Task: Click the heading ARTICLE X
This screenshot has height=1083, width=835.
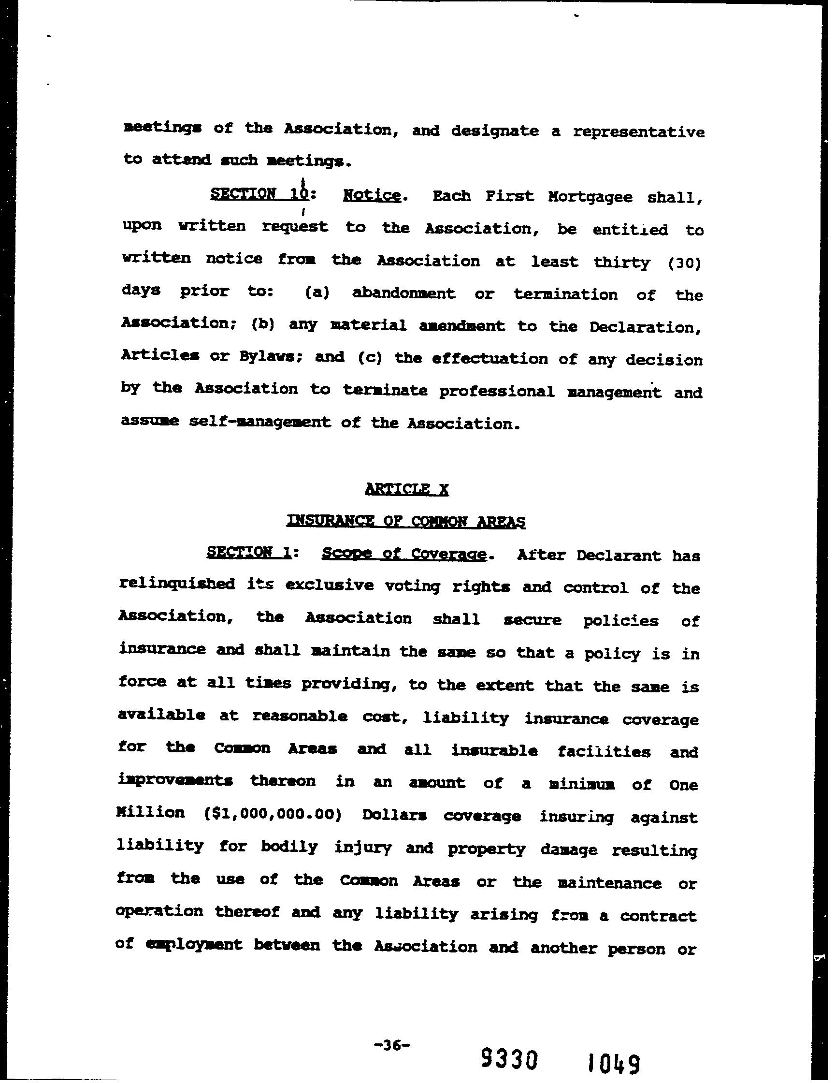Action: tap(406, 489)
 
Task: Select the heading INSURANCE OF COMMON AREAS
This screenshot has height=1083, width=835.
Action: tap(406, 521)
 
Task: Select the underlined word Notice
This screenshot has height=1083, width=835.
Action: tap(372, 196)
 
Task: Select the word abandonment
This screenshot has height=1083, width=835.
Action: tap(403, 293)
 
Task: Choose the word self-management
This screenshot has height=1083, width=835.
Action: tap(259, 422)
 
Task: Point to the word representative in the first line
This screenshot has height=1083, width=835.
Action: tap(638, 132)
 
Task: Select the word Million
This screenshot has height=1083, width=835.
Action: tap(150, 813)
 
